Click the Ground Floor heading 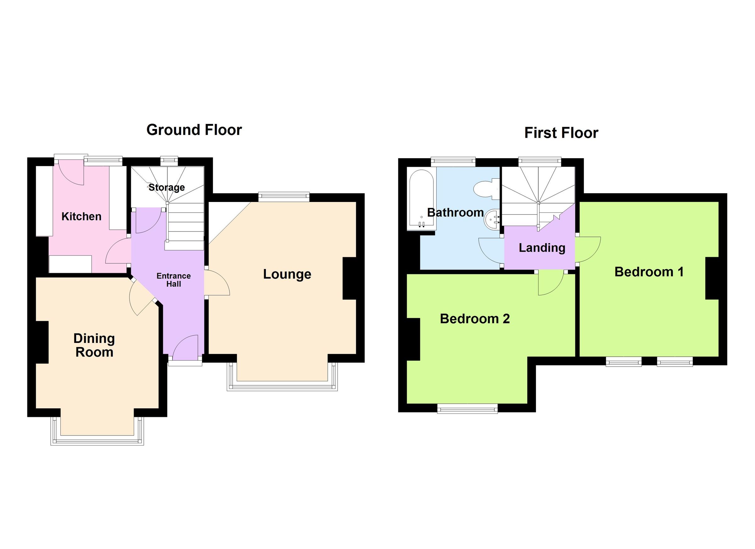(x=194, y=130)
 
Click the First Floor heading (x=561, y=133)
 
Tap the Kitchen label (x=81, y=217)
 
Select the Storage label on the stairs (x=166, y=188)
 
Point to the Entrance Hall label (x=173, y=280)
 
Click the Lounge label (x=287, y=274)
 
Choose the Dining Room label (x=94, y=345)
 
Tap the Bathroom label (x=455, y=212)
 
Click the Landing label (x=542, y=248)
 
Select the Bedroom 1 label (x=649, y=272)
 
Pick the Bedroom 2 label (x=475, y=319)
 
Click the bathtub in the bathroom (x=421, y=200)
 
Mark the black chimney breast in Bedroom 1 (x=712, y=279)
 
